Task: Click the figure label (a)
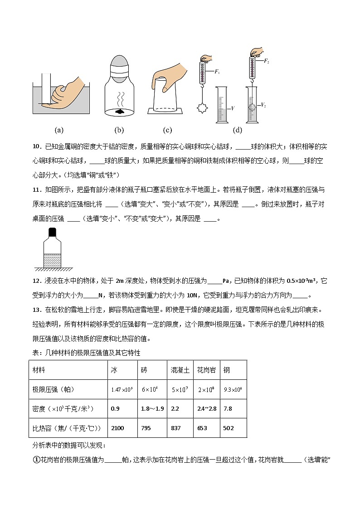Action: [x=59, y=131]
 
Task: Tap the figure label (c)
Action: [x=167, y=131]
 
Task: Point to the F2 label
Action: [x=268, y=59]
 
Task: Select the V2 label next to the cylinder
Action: [x=263, y=105]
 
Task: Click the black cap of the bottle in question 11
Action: [x=53, y=232]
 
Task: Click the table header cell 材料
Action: [x=39, y=370]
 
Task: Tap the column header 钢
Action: [x=226, y=370]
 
